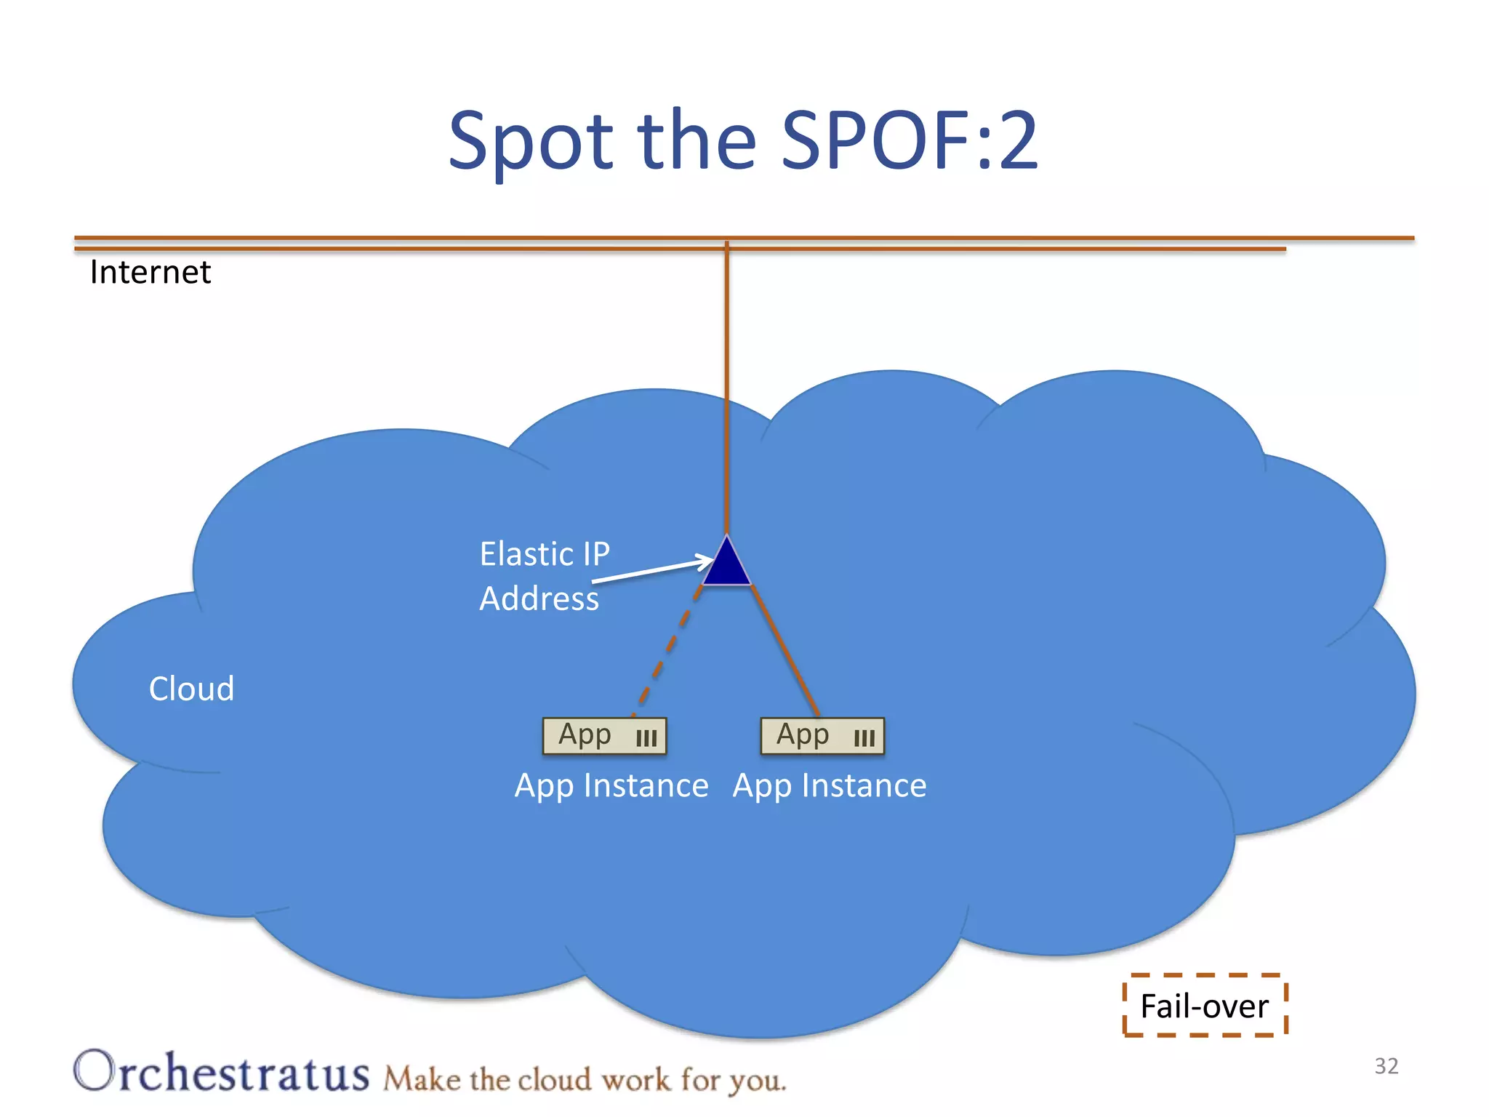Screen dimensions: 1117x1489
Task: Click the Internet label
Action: coord(150,273)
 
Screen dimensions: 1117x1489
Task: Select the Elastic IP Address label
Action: coord(544,576)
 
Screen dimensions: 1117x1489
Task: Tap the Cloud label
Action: coord(191,689)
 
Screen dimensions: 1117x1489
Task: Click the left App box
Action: coord(604,736)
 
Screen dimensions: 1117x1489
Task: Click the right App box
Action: coord(822,736)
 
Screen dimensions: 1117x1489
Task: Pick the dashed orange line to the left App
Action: coord(666,651)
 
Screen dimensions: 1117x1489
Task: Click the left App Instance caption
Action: coord(611,786)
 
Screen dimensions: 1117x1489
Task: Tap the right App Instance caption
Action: coord(830,786)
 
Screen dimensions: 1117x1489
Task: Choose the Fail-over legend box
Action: coord(1205,1006)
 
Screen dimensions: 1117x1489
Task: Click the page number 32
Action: coord(1386,1066)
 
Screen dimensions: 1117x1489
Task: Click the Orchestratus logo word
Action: coord(222,1072)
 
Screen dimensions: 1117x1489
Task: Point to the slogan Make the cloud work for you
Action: coord(585,1079)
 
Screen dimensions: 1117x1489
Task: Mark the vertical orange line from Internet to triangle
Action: coord(726,385)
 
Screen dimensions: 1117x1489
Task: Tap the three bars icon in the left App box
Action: coord(646,739)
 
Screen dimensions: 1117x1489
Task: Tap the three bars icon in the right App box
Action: coord(864,739)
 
